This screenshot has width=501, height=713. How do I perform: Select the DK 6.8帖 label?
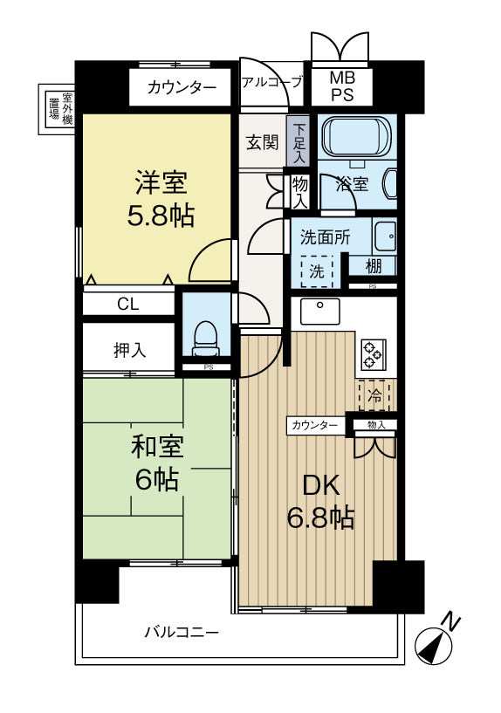[x=320, y=501]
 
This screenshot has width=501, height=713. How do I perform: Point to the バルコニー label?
[x=182, y=631]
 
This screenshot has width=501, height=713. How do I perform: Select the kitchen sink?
[x=320, y=311]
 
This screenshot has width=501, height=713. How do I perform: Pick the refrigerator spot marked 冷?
[x=374, y=395]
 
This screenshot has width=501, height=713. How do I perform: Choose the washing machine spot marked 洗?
[x=317, y=271]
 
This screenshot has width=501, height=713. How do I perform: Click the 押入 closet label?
[x=130, y=350]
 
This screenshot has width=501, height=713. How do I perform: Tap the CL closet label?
[x=128, y=305]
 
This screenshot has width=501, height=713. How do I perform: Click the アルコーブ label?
[x=271, y=84]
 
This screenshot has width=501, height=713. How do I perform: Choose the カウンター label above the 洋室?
[x=182, y=87]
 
